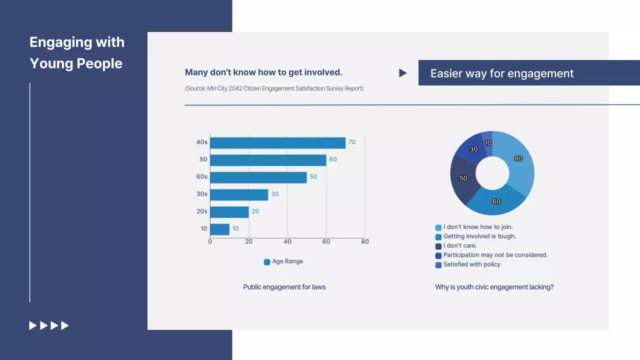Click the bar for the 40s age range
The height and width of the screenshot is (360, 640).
coord(277,143)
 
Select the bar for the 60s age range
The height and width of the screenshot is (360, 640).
coord(258,177)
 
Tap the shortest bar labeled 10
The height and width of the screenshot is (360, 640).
coord(219,229)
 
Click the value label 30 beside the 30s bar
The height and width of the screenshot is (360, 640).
coord(274,194)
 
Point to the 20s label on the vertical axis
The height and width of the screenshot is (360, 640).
coord(202,211)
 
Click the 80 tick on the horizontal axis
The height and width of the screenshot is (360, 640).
coord(364,242)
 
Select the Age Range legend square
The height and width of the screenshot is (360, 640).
coord(267,262)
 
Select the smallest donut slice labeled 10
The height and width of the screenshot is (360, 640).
coord(487,141)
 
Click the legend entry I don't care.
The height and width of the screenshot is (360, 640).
coord(460,246)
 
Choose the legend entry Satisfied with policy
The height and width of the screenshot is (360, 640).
coord(471,264)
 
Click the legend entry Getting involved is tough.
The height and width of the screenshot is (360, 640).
coord(479,236)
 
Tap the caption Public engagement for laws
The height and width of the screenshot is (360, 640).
coord(284,287)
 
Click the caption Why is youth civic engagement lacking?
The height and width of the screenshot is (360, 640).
coord(494,287)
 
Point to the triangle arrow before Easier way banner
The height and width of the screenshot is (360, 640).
coord(402,73)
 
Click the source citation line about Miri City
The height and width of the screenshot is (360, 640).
coord(274,88)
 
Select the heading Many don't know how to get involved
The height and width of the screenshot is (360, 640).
coord(263,72)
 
